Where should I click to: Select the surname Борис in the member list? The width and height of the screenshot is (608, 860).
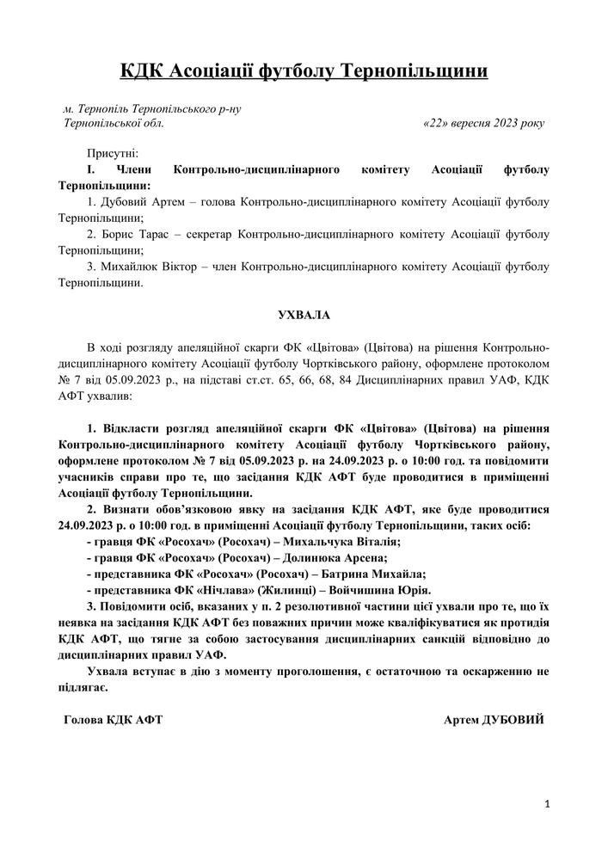[x=116, y=233]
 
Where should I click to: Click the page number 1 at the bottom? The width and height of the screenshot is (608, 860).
[x=547, y=803]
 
